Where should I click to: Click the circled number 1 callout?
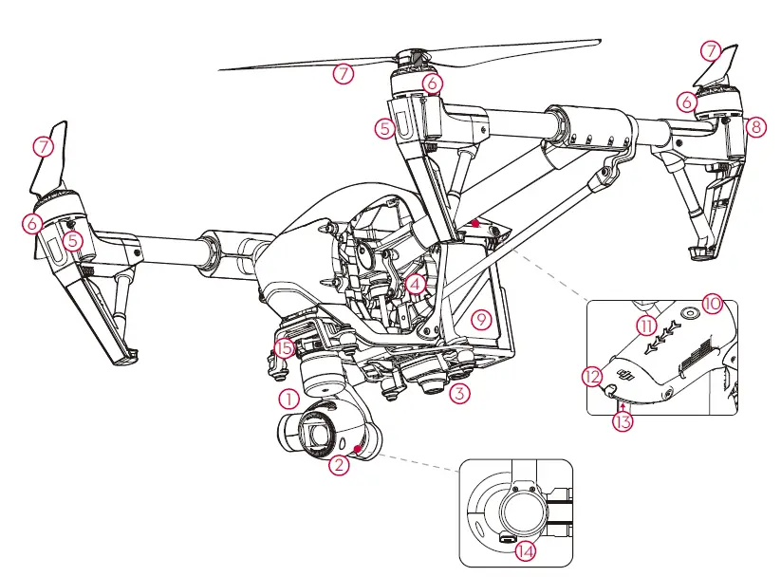tap(289, 394)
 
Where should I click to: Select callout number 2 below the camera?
tap(339, 465)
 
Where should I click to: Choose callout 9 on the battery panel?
tap(482, 319)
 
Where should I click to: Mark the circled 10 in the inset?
tap(712, 305)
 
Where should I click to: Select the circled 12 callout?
tap(593, 377)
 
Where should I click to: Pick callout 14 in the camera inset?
tap(525, 549)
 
